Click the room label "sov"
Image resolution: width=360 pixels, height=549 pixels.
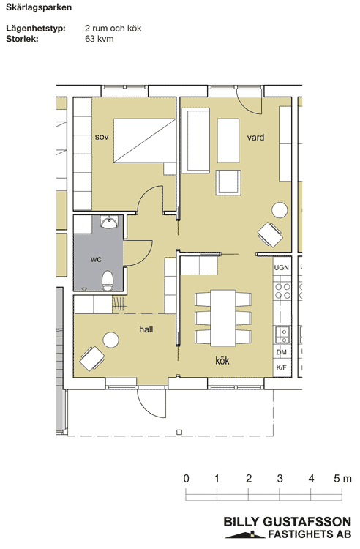(102, 137)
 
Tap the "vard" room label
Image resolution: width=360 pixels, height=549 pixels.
(255, 138)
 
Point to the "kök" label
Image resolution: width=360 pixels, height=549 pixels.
(222, 360)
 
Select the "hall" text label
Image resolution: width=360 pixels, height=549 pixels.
(146, 329)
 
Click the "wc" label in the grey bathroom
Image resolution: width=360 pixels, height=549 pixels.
(96, 259)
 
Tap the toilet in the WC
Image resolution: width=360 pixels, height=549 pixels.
(108, 280)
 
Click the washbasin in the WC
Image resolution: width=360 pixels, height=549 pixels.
(110, 222)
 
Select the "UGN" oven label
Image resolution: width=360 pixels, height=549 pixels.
(281, 267)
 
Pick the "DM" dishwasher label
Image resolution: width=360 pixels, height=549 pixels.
(281, 352)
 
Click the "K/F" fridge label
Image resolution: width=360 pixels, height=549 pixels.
(281, 367)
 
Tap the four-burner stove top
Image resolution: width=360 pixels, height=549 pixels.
(282, 291)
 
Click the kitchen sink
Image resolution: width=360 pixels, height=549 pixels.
(282, 335)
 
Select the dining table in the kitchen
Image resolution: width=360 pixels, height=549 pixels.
(223, 318)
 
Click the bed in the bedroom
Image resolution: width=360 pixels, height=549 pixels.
(144, 141)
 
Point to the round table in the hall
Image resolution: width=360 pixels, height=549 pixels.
(111, 340)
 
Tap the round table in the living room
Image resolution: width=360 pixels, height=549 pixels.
(280, 210)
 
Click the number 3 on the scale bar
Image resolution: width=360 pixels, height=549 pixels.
(280, 478)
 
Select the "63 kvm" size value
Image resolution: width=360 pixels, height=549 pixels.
(100, 39)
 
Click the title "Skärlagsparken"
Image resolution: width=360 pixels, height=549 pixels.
(39, 7)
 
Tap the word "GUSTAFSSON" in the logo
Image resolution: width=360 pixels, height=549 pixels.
(307, 522)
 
